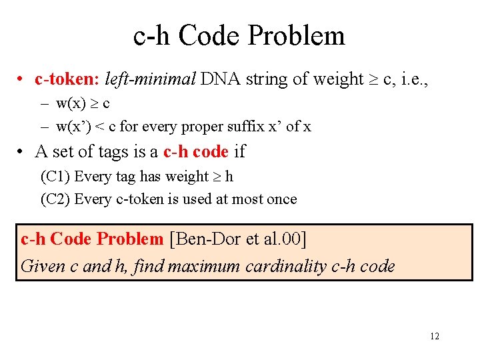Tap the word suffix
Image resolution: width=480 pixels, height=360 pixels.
(266, 126)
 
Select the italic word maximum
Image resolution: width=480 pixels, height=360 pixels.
(204, 267)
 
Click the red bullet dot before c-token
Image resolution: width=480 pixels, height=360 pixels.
(21, 80)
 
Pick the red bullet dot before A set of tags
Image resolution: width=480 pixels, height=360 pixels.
(21, 153)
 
